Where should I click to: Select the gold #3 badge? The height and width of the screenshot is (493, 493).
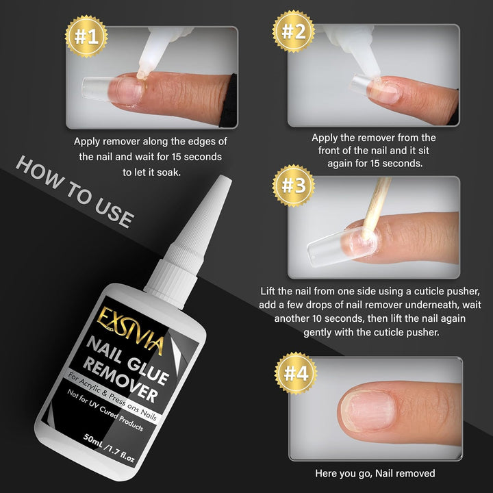(x=293, y=185)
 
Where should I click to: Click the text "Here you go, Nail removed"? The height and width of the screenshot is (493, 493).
(x=375, y=473)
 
